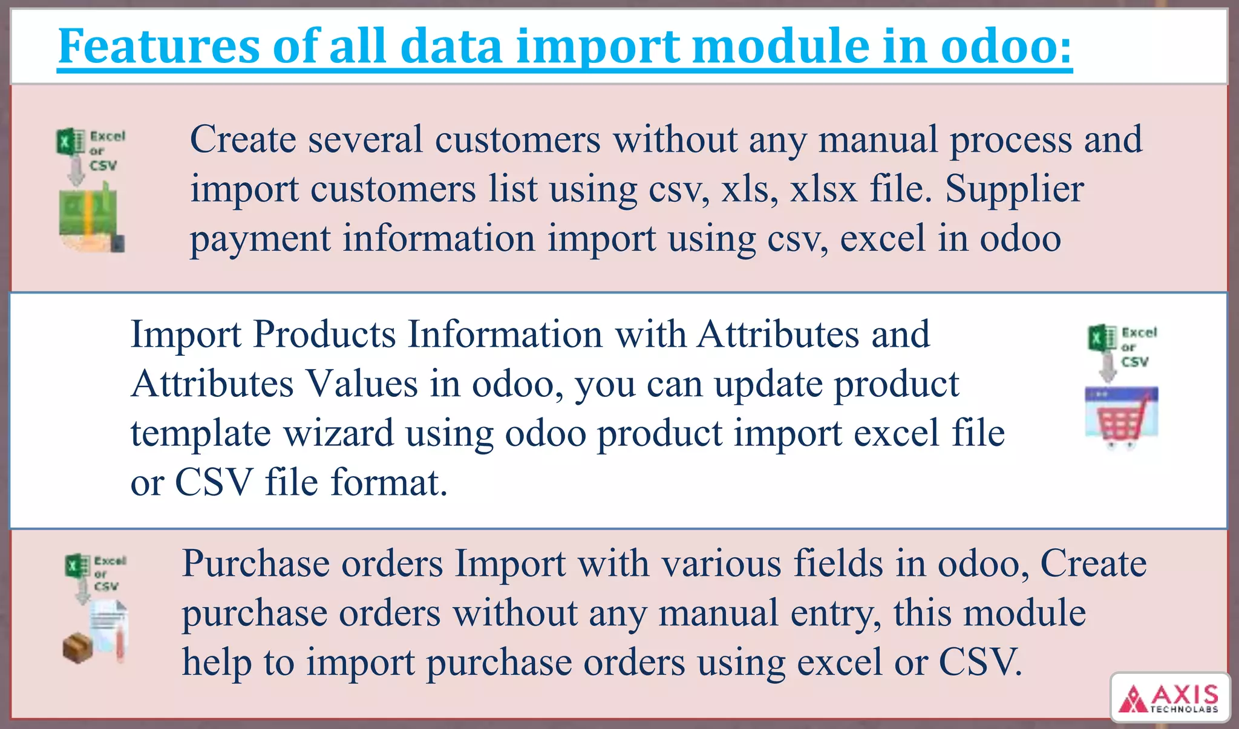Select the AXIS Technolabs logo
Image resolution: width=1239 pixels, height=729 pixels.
[1170, 698]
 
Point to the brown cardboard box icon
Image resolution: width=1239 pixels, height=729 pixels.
[77, 648]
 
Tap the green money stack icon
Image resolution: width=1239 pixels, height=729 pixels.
[88, 214]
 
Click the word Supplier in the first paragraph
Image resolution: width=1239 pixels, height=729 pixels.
[1014, 189]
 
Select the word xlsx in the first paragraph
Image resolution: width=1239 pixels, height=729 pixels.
[824, 189]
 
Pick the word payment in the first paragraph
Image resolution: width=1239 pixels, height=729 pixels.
[260, 238]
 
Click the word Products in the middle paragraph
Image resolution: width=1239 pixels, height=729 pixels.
[324, 334]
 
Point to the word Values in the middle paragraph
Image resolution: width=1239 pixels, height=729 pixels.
[361, 384]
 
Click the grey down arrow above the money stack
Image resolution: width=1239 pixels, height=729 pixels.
[76, 172]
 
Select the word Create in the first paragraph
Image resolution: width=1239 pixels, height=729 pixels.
[243, 139]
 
